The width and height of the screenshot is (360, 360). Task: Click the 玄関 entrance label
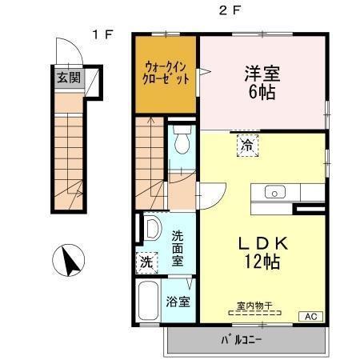(69, 78)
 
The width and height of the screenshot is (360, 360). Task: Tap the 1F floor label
(103, 34)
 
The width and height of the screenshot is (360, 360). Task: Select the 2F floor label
(230, 10)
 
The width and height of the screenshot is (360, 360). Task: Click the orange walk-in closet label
(166, 74)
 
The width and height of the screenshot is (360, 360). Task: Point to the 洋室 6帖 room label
(262, 82)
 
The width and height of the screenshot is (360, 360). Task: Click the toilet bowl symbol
(182, 139)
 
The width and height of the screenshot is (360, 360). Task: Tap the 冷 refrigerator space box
(248, 146)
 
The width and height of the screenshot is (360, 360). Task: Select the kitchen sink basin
(275, 192)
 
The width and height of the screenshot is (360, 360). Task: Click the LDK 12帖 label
(262, 252)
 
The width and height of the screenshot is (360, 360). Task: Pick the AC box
(311, 317)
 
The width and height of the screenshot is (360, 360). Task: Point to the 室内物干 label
(254, 306)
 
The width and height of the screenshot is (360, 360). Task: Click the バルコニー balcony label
(242, 340)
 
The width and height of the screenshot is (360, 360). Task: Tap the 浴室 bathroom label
(178, 302)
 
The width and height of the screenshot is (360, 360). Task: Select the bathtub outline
(149, 302)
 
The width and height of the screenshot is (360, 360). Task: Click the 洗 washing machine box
(146, 262)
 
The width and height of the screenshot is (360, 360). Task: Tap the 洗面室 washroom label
(178, 248)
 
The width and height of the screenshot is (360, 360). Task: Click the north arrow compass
(69, 260)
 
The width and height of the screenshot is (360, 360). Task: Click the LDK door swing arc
(220, 200)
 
